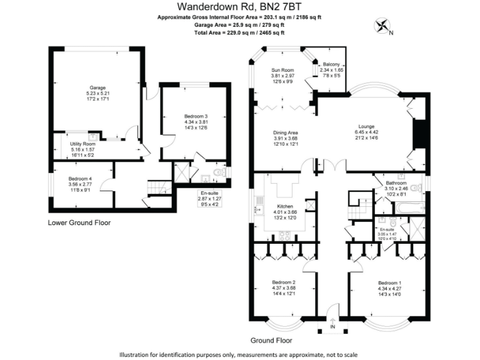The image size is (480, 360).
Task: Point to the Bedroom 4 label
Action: point(81,178)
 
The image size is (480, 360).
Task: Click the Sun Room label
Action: point(282,69)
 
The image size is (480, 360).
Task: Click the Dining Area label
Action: point(285,132)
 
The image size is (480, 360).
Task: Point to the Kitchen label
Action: point(284,206)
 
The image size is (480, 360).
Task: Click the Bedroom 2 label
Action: point(284,282)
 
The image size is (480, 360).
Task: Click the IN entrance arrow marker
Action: point(332,322)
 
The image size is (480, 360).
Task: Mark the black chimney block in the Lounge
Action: point(419,131)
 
